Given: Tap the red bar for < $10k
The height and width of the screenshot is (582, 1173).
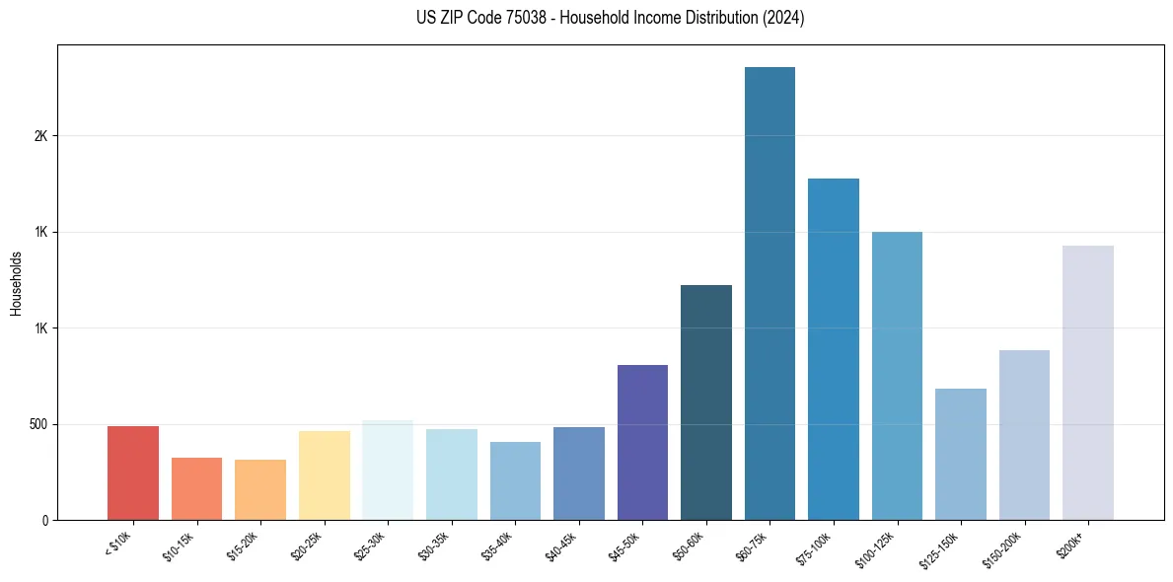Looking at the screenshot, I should (x=133, y=473).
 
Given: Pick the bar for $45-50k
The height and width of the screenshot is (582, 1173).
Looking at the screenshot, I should (x=642, y=443).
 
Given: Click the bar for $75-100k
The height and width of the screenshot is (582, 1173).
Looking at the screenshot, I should (x=834, y=349).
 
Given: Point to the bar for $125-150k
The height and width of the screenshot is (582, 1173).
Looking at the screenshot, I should (x=961, y=455).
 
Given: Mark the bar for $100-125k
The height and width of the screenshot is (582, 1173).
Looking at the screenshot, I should (x=897, y=376).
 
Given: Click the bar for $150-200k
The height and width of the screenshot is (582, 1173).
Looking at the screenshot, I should (x=1024, y=435).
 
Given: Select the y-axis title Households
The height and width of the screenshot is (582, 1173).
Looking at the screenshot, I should (x=16, y=283).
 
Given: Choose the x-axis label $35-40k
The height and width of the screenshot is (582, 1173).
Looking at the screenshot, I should (x=498, y=546).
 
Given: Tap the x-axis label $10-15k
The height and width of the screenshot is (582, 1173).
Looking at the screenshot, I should (x=180, y=546).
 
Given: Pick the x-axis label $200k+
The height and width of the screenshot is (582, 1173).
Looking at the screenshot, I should (x=1071, y=543).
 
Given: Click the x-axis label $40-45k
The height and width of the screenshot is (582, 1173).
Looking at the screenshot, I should (x=561, y=546).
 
